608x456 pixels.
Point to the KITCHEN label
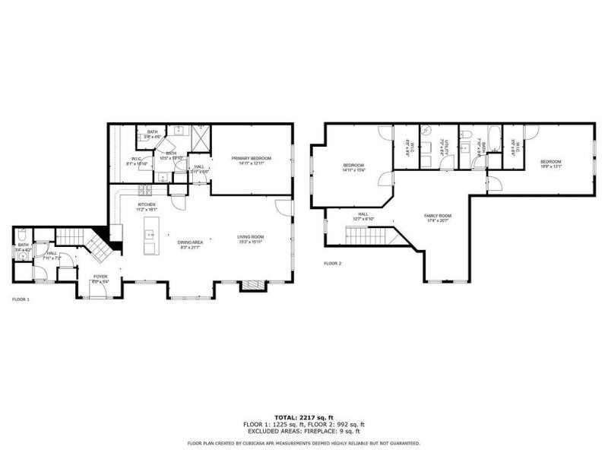146,204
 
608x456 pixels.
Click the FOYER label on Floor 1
100,277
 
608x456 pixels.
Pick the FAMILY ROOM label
438,216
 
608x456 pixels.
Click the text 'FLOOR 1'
21,299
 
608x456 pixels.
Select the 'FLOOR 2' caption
333,263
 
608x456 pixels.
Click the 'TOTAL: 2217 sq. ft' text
303,417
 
